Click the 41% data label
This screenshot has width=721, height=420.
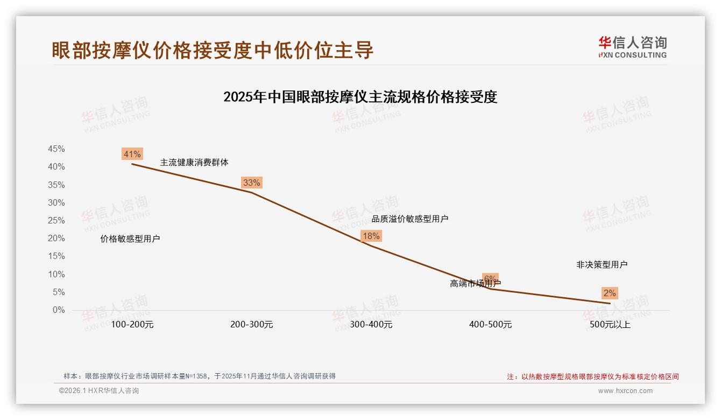click(x=132, y=154)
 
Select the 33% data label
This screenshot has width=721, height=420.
click(x=251, y=183)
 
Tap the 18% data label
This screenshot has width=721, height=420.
click(x=371, y=236)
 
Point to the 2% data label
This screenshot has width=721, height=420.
click(x=610, y=293)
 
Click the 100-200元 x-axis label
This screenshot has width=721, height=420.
click(x=132, y=325)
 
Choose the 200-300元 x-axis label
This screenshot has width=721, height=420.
click(x=251, y=325)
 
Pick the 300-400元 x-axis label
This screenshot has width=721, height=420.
click(x=371, y=325)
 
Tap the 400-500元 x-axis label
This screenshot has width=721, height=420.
click(x=490, y=325)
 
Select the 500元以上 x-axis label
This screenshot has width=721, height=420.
click(x=610, y=325)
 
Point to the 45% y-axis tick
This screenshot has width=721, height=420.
click(x=56, y=149)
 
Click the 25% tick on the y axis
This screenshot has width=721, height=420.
click(x=56, y=220)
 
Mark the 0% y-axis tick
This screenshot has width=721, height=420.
click(x=59, y=310)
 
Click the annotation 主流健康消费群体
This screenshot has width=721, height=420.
click(x=194, y=162)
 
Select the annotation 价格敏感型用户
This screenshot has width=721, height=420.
click(x=130, y=239)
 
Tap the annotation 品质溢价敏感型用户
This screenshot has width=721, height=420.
click(x=410, y=219)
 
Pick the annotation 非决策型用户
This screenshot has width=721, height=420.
click(x=602, y=264)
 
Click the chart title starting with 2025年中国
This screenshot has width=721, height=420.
click(x=360, y=97)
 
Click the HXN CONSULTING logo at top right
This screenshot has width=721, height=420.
click(x=632, y=47)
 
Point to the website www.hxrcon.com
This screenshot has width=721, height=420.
click(x=625, y=391)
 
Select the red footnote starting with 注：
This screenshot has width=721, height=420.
click(x=593, y=377)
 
